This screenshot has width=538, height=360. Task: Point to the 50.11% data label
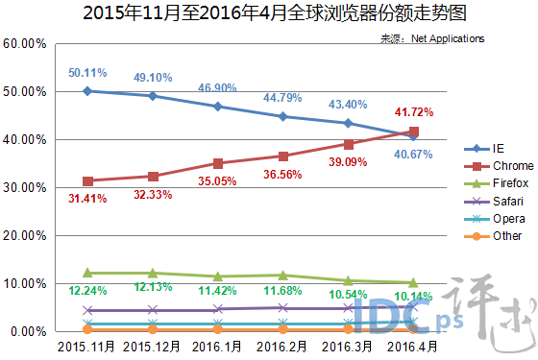[87, 72]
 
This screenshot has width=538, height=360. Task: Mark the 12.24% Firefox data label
[87, 290]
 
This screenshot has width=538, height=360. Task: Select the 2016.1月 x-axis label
[218, 346]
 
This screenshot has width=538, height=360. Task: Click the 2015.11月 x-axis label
[87, 346]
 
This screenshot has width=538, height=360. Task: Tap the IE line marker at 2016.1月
[218, 107]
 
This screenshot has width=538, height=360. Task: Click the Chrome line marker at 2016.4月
[414, 132]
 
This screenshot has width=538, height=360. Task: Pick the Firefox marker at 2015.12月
[153, 274]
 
